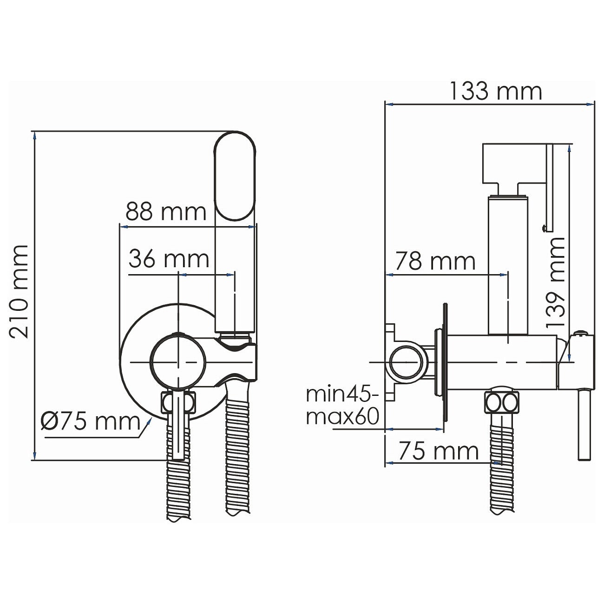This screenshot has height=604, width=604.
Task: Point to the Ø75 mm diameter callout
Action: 91,421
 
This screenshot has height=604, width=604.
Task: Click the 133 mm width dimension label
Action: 496,91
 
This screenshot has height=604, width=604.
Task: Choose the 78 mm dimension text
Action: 435,261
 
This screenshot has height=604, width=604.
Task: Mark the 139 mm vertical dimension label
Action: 555,282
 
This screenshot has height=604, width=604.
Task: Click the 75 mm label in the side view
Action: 439,451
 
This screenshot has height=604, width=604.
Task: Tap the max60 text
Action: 343,417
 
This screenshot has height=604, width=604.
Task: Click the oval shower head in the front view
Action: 235,177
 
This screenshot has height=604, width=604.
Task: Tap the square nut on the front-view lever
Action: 178,402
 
